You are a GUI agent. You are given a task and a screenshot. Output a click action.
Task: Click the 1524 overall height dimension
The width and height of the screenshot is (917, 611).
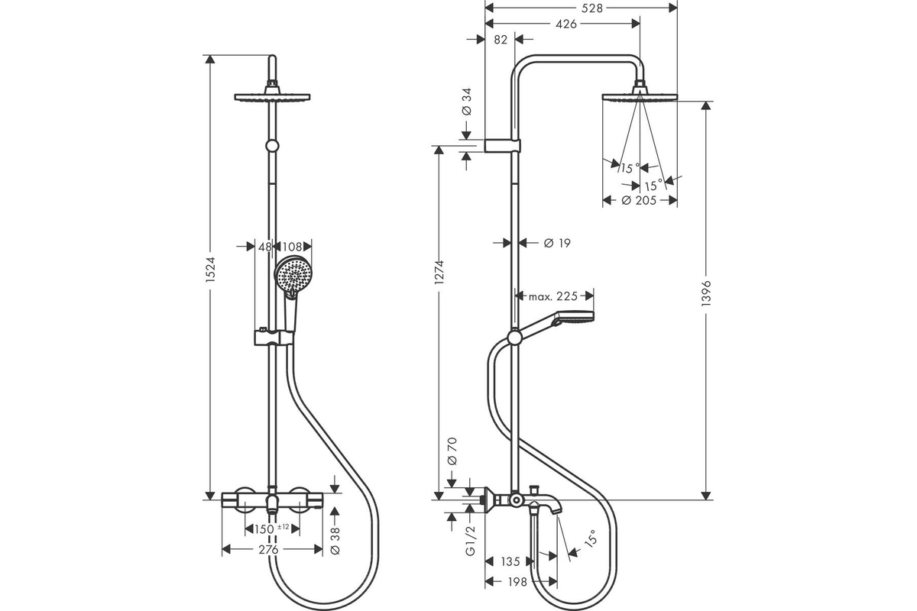coord(210,270)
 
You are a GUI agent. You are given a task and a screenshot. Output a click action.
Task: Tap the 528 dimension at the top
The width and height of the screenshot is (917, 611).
coord(592,8)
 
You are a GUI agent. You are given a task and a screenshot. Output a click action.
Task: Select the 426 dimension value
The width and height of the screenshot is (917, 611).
coord(566,24)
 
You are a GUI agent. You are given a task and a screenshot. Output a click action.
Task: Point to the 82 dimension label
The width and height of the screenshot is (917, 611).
coord(501,40)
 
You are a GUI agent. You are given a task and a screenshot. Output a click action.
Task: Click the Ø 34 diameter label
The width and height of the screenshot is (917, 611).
coord(466,102)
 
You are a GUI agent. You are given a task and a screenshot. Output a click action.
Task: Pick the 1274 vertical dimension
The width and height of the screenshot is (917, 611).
coord(439,272)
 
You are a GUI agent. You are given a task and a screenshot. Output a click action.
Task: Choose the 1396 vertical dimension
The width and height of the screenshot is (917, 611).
coord(706,293)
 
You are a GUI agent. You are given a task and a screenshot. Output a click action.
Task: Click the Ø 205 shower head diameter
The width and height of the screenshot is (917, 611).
coord(639,201)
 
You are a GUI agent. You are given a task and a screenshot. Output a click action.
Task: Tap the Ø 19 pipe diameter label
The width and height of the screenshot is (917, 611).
coord(557,243)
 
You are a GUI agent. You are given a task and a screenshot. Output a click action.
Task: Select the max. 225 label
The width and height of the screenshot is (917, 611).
coord(553,296)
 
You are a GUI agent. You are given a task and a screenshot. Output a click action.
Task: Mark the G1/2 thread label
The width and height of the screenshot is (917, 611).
coord(471,540)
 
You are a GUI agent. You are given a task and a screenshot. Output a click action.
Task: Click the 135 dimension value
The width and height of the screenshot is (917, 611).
coord(510,561)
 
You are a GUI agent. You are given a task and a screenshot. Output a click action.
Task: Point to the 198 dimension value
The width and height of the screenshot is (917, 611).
coord(517,581)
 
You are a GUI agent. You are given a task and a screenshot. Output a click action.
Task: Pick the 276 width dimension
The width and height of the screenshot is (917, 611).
coord(268,550)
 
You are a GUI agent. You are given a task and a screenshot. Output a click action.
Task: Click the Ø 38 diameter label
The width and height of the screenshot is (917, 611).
coord(335,541)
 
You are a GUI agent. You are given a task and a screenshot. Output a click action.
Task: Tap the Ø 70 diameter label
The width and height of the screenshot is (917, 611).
coord(452,451)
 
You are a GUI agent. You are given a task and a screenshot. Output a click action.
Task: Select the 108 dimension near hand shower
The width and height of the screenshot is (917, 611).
coord(292,247)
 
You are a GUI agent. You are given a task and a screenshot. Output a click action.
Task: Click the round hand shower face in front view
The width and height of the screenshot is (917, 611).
coord(292,273)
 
